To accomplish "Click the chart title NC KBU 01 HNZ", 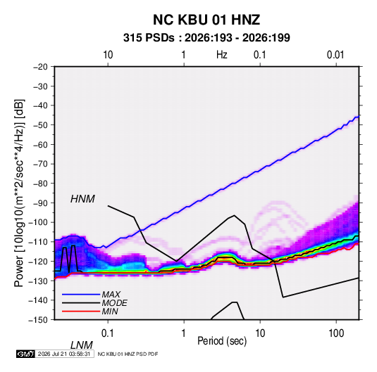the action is click(206, 20).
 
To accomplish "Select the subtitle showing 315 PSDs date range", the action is click(206, 38).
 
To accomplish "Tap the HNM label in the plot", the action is click(82, 199).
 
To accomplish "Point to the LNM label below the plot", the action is click(81, 345).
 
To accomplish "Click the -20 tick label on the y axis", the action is click(40, 67).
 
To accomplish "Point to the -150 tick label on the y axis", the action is click(38, 320).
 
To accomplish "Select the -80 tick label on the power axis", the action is click(40, 184).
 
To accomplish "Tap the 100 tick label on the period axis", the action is click(336, 333).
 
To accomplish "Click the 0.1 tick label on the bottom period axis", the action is click(107, 333).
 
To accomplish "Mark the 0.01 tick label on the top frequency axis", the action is click(335, 55).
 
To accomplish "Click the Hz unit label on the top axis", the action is click(222, 55).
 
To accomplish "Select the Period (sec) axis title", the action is click(222, 341).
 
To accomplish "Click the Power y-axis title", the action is click(19, 193).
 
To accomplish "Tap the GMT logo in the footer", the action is click(25, 354).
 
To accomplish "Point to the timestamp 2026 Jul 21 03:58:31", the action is click(64, 354).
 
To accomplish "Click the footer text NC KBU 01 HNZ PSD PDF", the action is click(128, 354).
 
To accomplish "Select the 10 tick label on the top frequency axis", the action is click(108, 55).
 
